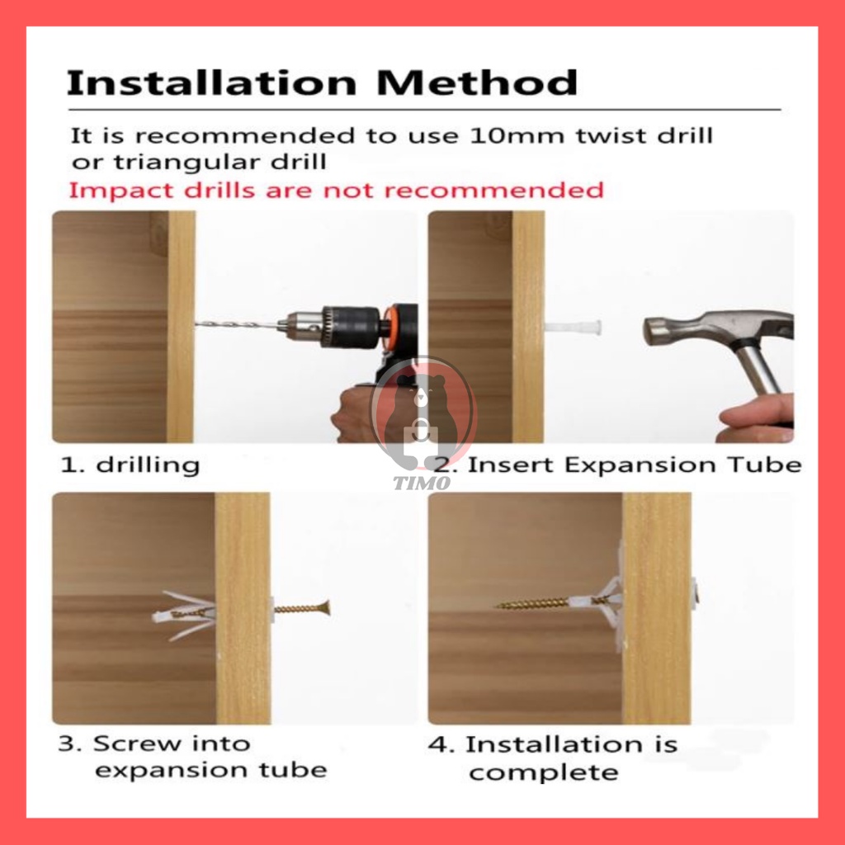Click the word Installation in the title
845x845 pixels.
[x=211, y=83]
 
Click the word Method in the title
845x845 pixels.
[x=477, y=83]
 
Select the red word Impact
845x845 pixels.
[x=123, y=191]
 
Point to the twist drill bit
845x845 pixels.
[x=238, y=324]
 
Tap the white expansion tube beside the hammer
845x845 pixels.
[x=573, y=327]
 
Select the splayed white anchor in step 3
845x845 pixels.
[x=185, y=615]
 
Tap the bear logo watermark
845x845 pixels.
[x=422, y=413]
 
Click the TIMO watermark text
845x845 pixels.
[x=422, y=483]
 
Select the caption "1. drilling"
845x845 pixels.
[x=130, y=465]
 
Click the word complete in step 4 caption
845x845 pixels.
[x=543, y=773]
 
